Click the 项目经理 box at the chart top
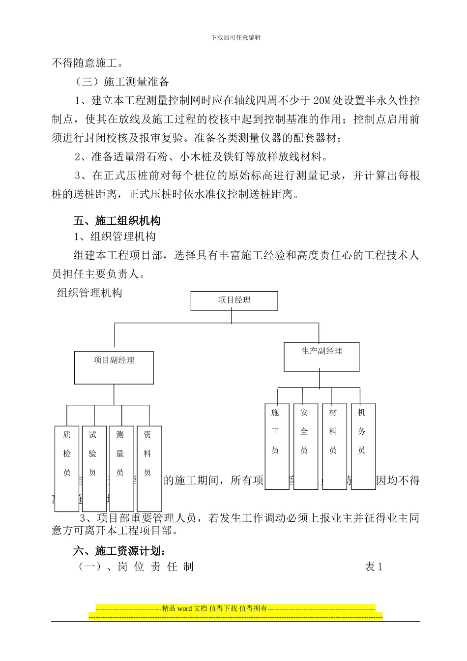(234, 300)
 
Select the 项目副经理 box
(114, 367)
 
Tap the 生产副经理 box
(321, 357)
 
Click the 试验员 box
(94, 469)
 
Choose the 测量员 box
(121, 469)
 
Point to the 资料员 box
(149, 469)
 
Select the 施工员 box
(277, 447)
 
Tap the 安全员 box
(305, 447)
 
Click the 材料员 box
(334, 447)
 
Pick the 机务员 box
(363, 447)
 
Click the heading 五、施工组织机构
(117, 221)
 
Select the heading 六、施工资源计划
(120, 551)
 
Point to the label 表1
(373, 567)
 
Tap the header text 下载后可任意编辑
(235, 37)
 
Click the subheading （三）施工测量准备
(121, 82)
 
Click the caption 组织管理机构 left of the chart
(89, 293)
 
